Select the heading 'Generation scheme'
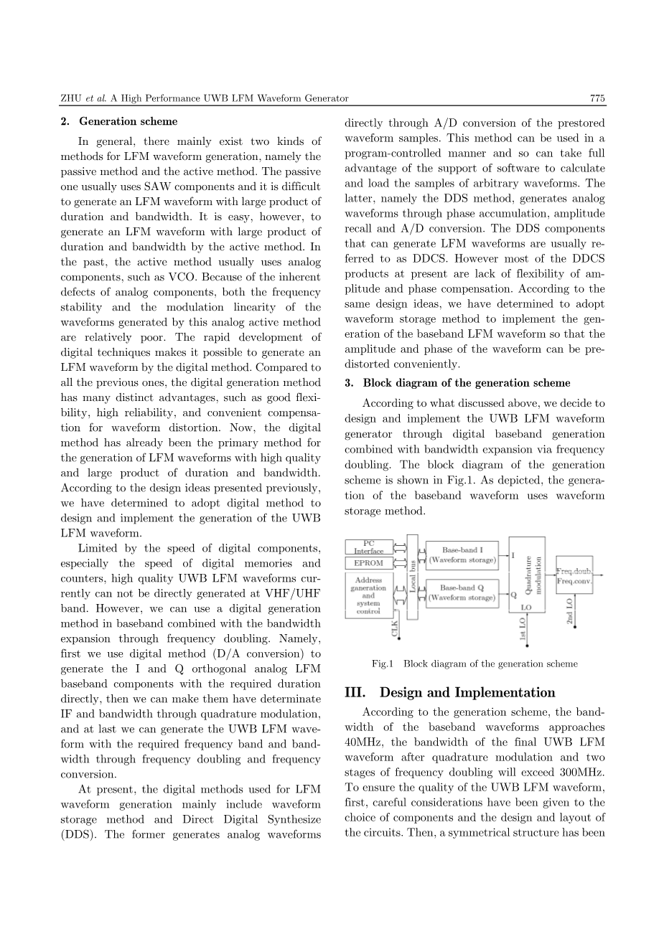click(x=128, y=121)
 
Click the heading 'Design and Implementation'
click(x=467, y=692)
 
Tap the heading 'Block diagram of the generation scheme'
click(x=466, y=382)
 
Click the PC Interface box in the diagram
click(x=369, y=547)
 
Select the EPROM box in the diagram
click(x=369, y=563)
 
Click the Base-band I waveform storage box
click(x=462, y=555)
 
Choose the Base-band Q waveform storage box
click(x=462, y=593)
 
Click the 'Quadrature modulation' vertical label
click(x=531, y=574)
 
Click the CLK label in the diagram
click(x=394, y=629)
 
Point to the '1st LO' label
click(x=523, y=628)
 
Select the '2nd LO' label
click(x=569, y=611)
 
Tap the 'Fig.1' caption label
click(x=383, y=664)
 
